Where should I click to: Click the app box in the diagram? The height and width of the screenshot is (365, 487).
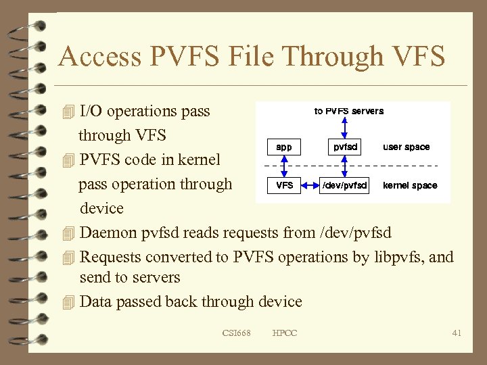tap(284, 147)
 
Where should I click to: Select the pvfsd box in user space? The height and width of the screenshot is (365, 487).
tap(345, 147)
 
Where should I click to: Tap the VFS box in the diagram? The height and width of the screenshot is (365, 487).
tap(284, 185)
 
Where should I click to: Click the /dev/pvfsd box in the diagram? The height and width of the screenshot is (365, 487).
tap(345, 185)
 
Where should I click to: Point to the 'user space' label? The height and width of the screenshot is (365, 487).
tap(406, 147)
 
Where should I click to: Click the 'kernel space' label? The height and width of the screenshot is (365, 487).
tap(410, 185)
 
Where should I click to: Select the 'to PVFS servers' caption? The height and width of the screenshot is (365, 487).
tap(349, 111)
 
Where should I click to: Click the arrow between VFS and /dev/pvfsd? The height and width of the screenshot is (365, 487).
tap(310, 185)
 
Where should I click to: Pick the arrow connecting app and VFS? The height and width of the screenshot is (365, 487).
tap(285, 166)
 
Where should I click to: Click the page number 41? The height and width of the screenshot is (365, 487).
tap(457, 333)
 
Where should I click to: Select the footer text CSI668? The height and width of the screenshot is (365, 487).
tap(236, 333)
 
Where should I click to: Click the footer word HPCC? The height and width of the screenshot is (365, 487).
tap(284, 333)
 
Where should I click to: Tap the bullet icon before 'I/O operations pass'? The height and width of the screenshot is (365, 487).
tap(66, 112)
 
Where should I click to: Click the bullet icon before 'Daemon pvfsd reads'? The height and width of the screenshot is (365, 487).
tap(66, 233)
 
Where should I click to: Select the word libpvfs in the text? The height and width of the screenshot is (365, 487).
tap(399, 258)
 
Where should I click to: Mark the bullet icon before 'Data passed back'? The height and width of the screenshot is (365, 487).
tap(66, 302)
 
